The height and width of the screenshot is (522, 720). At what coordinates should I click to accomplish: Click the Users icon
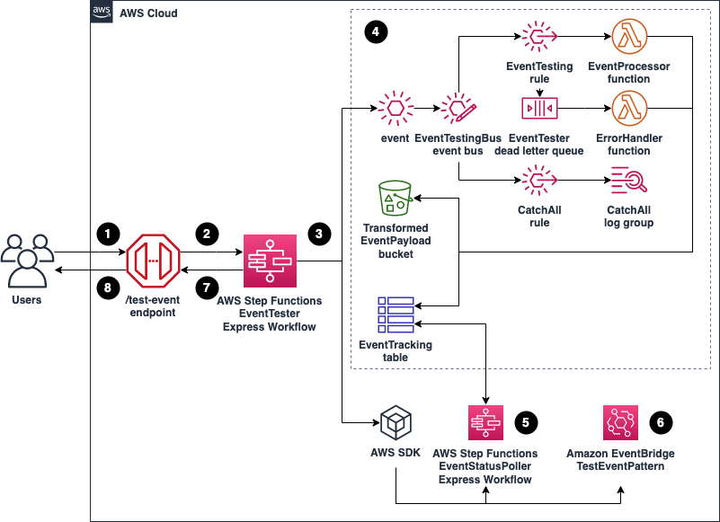27,261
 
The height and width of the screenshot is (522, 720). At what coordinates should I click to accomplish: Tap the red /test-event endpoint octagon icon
153,261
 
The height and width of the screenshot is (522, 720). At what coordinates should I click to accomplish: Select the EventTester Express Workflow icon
270,261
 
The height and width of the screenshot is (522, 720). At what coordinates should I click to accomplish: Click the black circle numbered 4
376,31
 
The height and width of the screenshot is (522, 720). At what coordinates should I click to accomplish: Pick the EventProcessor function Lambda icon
629,36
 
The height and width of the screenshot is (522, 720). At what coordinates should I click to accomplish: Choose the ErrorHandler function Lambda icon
629,109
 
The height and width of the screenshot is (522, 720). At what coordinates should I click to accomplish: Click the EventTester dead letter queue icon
539,109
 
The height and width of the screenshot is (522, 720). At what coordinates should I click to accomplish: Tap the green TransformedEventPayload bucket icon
396,198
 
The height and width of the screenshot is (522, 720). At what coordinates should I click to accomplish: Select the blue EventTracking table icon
396,314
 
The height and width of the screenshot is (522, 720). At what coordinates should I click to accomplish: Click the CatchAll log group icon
628,180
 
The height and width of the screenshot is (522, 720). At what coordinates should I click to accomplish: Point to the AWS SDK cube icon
396,423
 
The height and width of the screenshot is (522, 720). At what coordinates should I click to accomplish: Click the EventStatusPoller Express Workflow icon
485,423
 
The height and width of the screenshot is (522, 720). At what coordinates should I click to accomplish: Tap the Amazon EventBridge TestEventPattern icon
621,423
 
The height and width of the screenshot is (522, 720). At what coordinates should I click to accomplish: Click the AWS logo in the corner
102,12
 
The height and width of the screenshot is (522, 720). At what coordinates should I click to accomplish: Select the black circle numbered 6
661,422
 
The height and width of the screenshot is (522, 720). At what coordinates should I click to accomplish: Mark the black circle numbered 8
108,288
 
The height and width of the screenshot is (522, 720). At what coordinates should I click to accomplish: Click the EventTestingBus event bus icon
458,109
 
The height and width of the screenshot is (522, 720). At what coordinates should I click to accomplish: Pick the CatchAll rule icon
539,180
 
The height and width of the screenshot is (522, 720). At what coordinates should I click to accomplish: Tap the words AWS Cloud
148,13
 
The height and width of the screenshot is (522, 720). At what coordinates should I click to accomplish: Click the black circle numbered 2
207,234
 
